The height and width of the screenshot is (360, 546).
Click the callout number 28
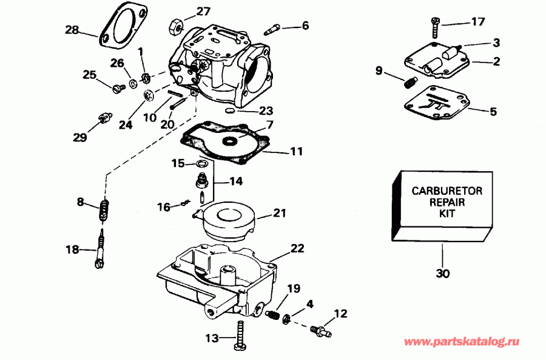click(72, 30)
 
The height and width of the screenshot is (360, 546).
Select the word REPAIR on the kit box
click(447, 202)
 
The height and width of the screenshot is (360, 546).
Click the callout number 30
click(443, 274)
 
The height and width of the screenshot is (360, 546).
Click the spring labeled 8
click(104, 211)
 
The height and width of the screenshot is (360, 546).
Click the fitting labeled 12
click(317, 329)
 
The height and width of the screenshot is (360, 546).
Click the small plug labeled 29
click(103, 116)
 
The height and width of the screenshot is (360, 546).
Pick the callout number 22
click(298, 249)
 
